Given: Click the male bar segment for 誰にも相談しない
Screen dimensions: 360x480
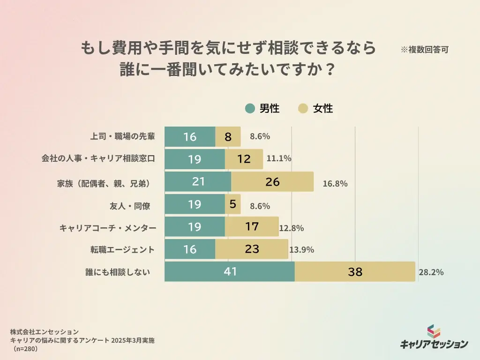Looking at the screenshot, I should point(230,271).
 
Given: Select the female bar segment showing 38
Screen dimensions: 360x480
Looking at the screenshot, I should point(355,271).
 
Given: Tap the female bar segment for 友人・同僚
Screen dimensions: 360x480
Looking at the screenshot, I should point(233,204).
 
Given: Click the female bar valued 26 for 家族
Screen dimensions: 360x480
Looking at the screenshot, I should point(272,181).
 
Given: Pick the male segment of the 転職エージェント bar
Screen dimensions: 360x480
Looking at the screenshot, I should point(190,249).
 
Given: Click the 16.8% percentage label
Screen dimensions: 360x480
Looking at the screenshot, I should point(335,184).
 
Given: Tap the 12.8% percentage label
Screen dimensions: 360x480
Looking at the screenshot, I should point(292,228).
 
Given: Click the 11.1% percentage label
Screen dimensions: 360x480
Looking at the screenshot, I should point(279,158).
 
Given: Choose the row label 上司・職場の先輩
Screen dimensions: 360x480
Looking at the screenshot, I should point(122,137).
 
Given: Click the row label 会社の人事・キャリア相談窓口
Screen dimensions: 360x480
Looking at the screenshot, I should point(98,159).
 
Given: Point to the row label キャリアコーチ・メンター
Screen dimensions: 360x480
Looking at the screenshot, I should point(107,228).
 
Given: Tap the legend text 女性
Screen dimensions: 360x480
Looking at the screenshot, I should point(322,109).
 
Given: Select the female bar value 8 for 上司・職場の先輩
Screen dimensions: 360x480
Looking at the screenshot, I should point(228,137).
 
